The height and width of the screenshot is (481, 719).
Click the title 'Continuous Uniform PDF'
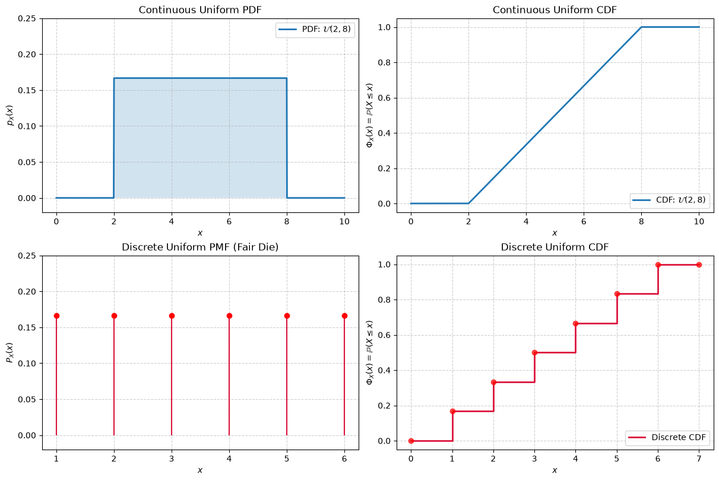coord(200,10)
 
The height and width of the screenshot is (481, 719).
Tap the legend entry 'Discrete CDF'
coord(667,437)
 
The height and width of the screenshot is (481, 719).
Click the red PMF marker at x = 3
coord(172,316)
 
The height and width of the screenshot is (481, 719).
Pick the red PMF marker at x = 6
coord(344,316)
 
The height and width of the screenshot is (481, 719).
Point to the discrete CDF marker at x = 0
coord(411,441)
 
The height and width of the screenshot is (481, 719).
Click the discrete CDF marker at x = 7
coord(699,265)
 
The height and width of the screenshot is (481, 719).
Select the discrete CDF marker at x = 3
coord(534,353)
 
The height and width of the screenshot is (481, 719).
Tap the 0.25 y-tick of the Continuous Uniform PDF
coord(27,18)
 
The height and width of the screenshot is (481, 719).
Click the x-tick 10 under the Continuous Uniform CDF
coord(699,222)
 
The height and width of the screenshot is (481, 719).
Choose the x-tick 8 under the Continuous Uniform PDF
coord(287,222)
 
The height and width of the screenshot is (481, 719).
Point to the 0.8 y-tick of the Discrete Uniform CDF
coord(385,300)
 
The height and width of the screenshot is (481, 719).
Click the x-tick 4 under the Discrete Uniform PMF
coord(229,459)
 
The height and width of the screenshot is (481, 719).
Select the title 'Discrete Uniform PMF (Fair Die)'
coord(200,247)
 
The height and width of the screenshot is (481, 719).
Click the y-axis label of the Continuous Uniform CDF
coord(370,116)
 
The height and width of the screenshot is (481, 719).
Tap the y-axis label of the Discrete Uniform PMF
coord(10,353)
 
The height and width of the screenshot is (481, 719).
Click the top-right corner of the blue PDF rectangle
coord(287,78)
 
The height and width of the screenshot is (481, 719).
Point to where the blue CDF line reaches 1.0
coord(641,27)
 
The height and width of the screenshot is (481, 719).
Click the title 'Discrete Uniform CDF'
coord(555,247)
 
